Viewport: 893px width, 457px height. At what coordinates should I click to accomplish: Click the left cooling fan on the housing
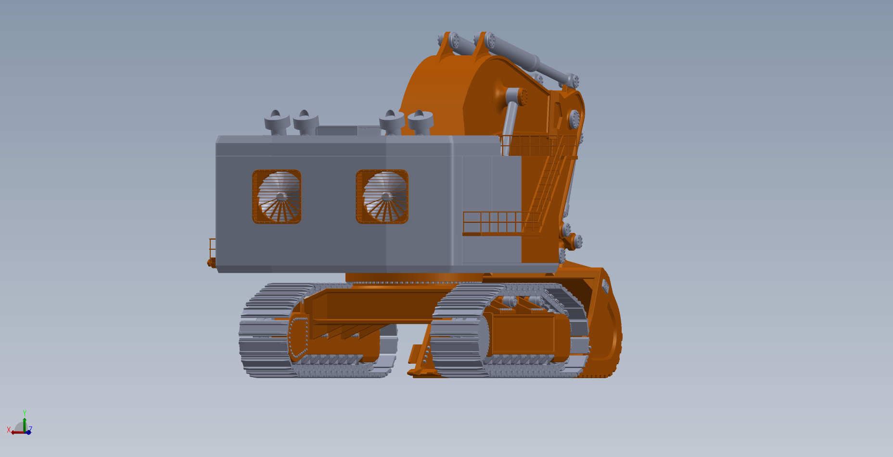coord(277,197)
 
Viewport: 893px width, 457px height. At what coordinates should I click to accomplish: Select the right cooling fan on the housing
coord(382,197)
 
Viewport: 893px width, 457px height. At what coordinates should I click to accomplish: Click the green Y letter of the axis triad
coord(25,413)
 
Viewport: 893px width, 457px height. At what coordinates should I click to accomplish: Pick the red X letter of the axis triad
coord(9,430)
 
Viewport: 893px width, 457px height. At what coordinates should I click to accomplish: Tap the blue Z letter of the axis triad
coord(30,429)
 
